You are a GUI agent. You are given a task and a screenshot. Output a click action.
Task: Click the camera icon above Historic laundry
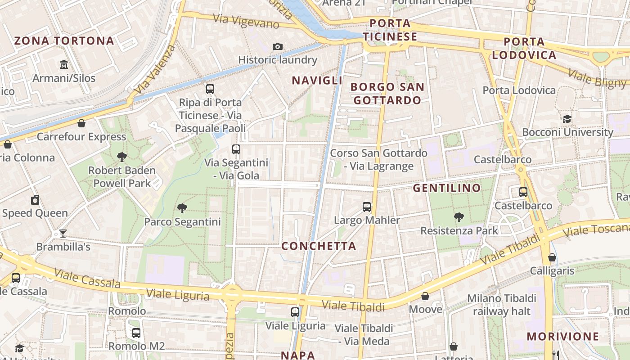coord(278,46)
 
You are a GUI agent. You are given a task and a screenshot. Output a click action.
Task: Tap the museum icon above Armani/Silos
coord(63,65)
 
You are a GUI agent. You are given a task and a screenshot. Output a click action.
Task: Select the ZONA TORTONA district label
coord(64,41)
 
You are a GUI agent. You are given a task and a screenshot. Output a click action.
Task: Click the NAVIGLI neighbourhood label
coord(317,81)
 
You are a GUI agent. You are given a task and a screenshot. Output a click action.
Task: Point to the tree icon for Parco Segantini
coord(182,208)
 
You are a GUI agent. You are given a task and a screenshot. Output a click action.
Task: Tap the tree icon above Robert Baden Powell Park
coord(121,157)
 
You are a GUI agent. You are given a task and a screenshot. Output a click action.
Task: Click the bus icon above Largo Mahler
coord(367,207)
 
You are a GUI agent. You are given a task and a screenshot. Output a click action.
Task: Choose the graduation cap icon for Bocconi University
coord(567,119)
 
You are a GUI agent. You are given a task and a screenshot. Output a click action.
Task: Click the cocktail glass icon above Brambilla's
coord(63,233)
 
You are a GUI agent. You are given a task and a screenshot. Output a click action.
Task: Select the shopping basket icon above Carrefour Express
coord(81,123)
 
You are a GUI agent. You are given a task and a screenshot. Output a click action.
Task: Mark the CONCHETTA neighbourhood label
coord(319,246)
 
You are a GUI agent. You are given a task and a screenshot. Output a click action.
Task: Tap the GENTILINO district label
coord(447,188)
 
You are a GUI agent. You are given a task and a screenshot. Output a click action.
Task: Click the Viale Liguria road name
coord(177,294)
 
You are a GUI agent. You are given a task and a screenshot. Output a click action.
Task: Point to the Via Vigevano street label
coord(246,21)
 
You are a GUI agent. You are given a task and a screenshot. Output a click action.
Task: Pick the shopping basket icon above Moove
coord(425,296)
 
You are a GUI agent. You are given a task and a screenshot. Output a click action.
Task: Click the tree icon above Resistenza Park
coord(459,217)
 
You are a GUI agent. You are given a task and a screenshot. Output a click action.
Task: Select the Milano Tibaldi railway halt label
coord(501,305)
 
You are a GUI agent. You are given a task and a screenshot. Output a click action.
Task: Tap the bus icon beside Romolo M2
coord(136,333)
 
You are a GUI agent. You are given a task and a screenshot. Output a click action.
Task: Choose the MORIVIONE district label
coord(562,336)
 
